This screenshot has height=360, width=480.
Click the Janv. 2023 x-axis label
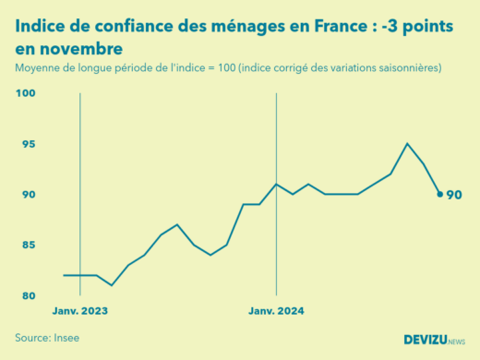pyautogui.click(x=80, y=311)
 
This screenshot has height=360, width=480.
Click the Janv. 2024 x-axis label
pyautogui.click(x=276, y=311)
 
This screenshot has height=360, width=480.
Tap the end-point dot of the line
pyautogui.click(x=439, y=195)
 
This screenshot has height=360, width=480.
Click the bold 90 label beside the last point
pyautogui.click(x=454, y=195)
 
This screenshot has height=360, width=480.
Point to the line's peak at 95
pyautogui.click(x=407, y=143)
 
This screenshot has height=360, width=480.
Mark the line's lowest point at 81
pyautogui.click(x=112, y=285)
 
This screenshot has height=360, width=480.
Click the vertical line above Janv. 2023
pyautogui.click(x=80, y=185)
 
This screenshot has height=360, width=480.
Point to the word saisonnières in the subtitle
pyautogui.click(x=402, y=68)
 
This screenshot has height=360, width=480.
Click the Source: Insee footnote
pyautogui.click(x=47, y=338)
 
